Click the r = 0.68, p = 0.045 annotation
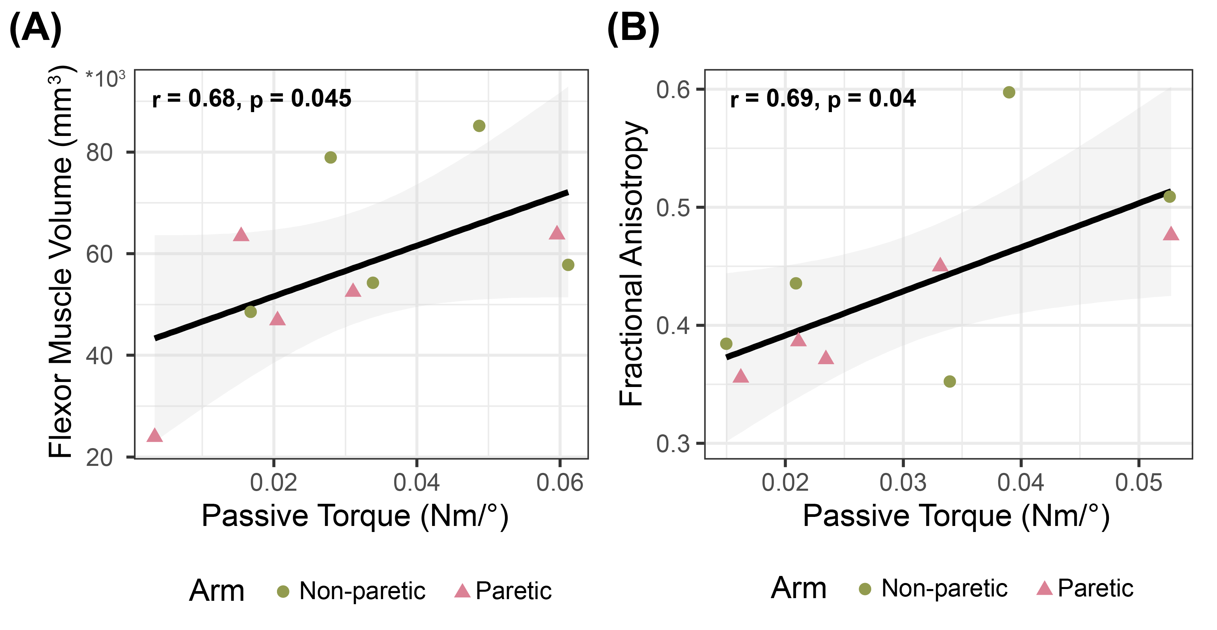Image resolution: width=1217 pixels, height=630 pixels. coord(252,99)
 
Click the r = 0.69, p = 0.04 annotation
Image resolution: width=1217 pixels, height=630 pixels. coord(823,99)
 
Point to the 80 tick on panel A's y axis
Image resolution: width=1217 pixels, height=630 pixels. coord(99,152)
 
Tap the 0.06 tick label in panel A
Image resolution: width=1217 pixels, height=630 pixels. coord(560,483)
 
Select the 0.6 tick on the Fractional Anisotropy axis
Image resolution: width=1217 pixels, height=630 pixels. coord(673,90)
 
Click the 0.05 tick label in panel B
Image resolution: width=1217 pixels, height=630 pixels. coord(1138,483)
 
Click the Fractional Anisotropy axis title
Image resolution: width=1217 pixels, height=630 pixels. coord(631,263)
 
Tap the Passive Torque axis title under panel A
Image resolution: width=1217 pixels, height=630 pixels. coord(355,516)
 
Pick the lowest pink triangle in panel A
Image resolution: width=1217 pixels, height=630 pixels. coord(154,435)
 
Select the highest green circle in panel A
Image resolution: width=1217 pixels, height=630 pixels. coord(479,126)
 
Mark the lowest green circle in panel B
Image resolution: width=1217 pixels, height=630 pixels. coord(950,381)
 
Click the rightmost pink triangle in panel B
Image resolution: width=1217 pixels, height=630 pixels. coord(1171,233)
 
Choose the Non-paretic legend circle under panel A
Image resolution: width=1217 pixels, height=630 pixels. coord(283,591)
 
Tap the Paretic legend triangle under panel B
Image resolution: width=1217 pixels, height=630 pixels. coord(1044,588)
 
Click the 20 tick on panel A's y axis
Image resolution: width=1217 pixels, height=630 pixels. coord(99,457)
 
